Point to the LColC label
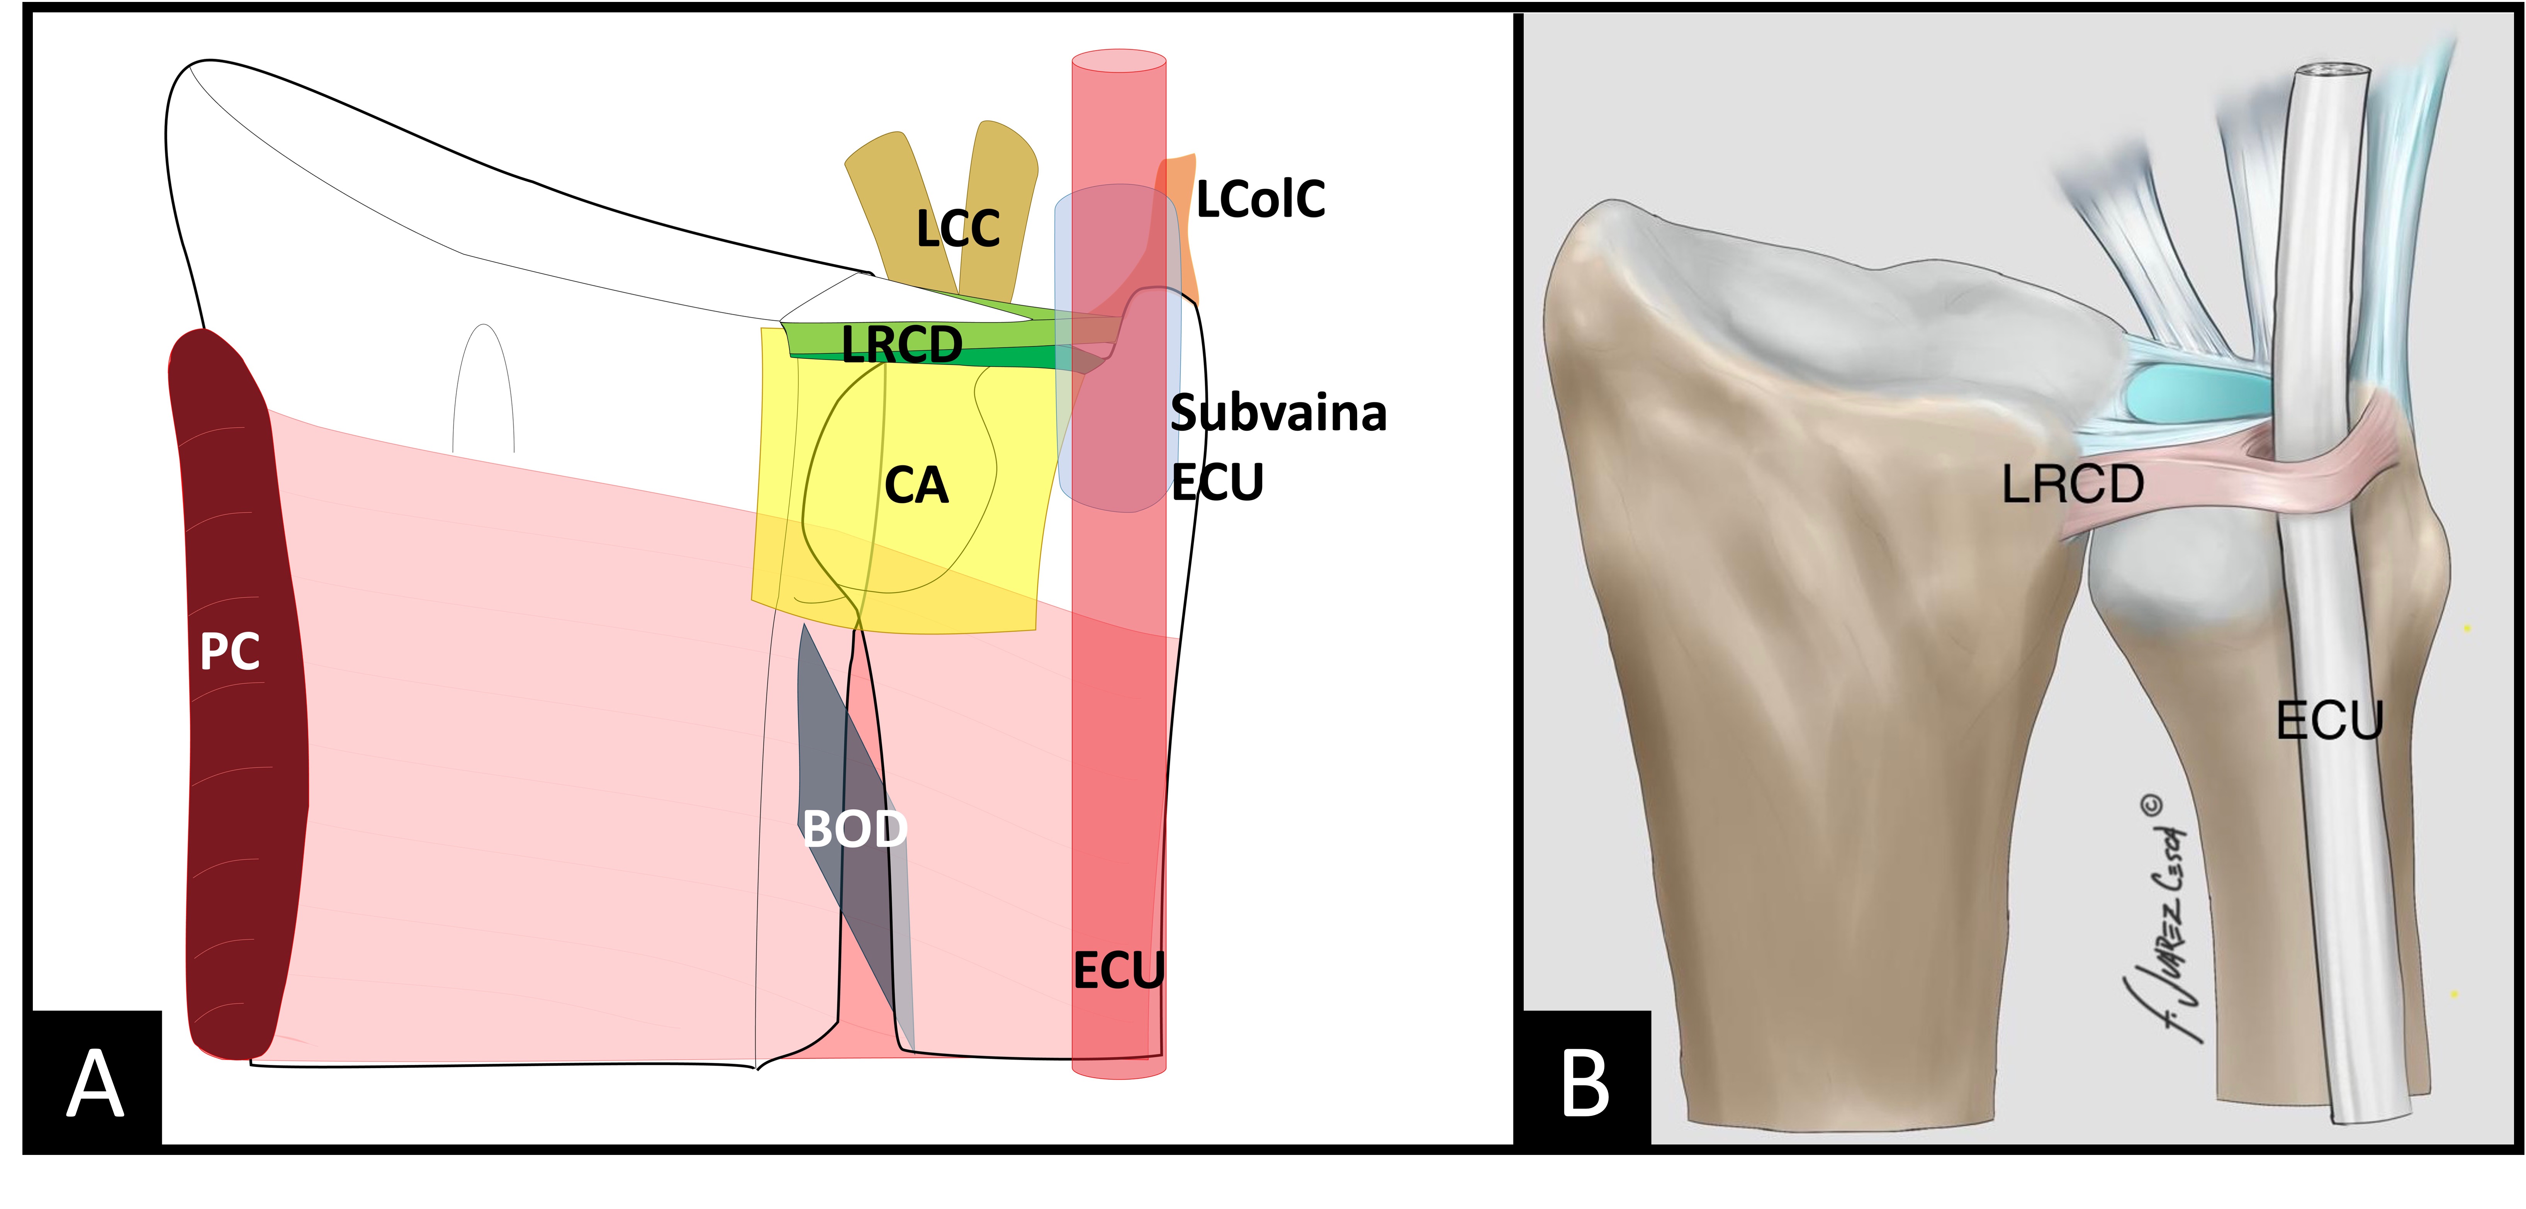(x=1260, y=199)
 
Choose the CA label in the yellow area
(x=916, y=486)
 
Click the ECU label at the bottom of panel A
(x=1118, y=971)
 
